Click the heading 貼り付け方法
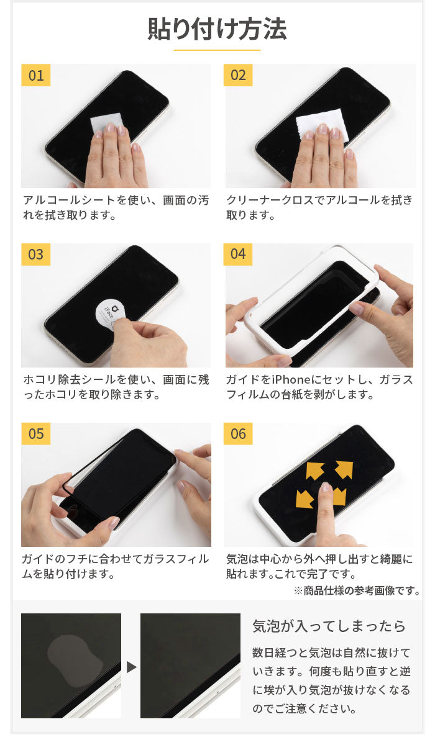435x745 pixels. (x=217, y=29)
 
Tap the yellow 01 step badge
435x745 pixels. (x=36, y=75)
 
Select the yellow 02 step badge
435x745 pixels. (x=239, y=75)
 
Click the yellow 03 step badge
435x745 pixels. (x=36, y=254)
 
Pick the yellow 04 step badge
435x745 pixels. (x=239, y=254)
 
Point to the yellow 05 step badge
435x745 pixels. (x=36, y=433)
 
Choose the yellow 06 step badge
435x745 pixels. (x=239, y=433)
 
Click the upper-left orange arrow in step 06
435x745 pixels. (x=315, y=471)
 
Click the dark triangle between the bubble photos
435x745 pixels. (x=131, y=667)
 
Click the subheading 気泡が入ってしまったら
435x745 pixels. (x=329, y=626)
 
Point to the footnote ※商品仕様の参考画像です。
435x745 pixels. (x=357, y=590)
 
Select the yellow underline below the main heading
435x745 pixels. (x=217, y=49)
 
